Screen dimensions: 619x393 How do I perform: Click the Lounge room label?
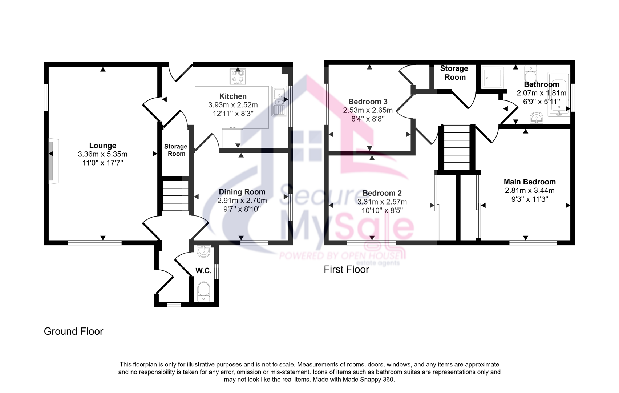tap(102, 146)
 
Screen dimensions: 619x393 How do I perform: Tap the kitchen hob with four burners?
tap(238, 77)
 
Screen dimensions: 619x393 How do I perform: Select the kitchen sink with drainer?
tap(279, 101)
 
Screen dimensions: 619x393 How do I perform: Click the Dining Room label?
tap(242, 192)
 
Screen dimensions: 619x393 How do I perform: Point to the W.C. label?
tap(204, 271)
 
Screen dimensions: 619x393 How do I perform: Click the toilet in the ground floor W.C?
tap(204, 292)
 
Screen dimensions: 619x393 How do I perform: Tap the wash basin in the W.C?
tap(204, 251)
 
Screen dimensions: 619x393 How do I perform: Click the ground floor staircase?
tap(175, 196)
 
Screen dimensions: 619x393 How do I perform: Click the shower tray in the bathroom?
tap(492, 78)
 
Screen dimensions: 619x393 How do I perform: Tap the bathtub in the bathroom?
tap(559, 94)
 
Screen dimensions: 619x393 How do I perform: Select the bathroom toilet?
tap(530, 74)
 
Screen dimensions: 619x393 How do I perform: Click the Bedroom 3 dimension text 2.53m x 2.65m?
tap(368, 110)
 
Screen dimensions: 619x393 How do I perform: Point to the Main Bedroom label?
tap(530, 182)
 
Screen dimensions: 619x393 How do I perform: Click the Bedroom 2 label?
tap(382, 193)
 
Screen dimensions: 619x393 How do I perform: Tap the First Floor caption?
tap(346, 269)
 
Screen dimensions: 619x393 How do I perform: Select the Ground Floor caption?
tap(73, 331)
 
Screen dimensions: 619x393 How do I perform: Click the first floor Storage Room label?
tap(454, 73)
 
